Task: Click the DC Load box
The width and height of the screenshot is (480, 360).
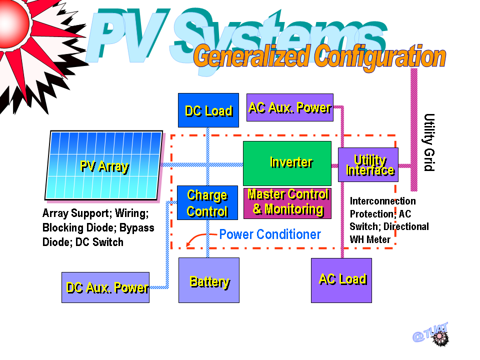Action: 208,110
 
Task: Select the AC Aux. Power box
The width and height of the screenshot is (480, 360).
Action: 290,107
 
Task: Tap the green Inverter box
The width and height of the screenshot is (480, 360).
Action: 287,163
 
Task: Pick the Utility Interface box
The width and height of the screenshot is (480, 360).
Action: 368,164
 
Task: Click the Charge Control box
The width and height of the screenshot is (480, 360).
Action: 207,202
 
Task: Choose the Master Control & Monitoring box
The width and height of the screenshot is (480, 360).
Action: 287,203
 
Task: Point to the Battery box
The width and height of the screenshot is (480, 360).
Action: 209,280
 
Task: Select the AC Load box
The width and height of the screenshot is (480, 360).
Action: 341,280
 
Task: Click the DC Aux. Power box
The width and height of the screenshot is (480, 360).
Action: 105,287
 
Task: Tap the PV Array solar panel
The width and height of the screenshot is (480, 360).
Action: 103,165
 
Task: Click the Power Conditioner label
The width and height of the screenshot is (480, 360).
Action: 270,234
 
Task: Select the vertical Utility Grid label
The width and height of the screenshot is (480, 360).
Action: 429,142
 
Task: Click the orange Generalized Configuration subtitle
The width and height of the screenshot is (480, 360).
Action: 319,57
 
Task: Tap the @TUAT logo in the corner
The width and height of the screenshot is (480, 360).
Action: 431,334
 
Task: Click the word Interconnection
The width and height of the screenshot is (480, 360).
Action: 382,201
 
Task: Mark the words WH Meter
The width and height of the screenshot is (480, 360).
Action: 370,239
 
